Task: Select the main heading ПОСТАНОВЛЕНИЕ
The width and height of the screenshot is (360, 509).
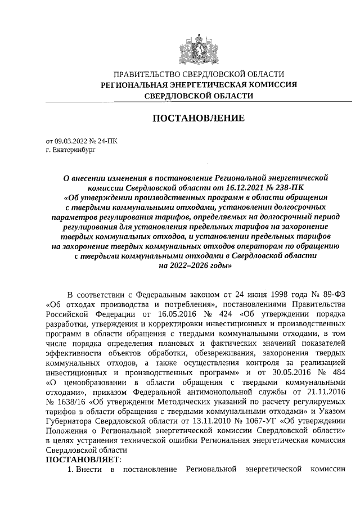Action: (199, 118)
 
